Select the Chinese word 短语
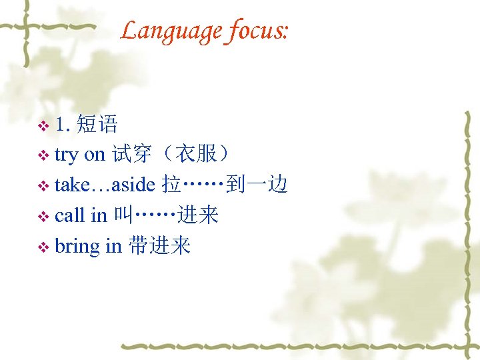click(x=97, y=124)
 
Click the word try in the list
click(x=66, y=155)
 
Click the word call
click(x=69, y=215)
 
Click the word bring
click(x=77, y=246)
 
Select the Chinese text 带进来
click(x=160, y=246)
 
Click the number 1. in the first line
click(x=64, y=124)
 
